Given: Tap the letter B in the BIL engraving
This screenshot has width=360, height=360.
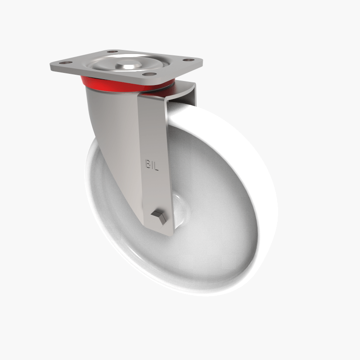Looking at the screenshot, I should (148, 164).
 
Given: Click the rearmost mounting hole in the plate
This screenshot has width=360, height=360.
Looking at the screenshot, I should (112, 52).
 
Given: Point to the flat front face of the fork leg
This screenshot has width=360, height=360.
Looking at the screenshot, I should (153, 135).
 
